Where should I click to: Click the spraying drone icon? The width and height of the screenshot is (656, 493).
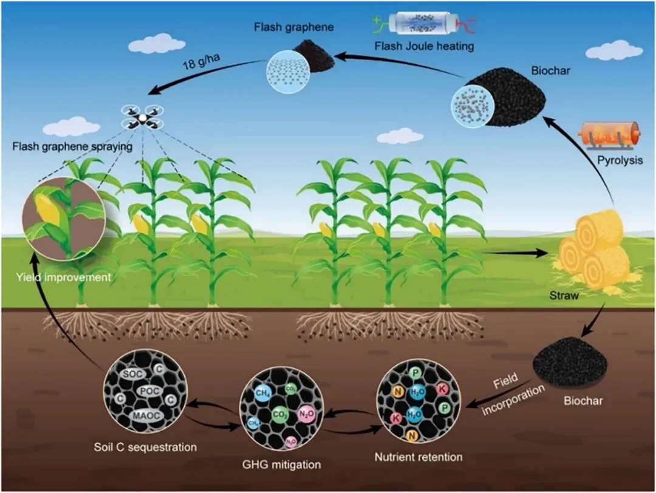pyautogui.click(x=143, y=117)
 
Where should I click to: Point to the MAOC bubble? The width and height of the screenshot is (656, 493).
pyautogui.click(x=143, y=418)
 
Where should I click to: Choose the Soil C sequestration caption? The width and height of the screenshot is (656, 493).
pyautogui.click(x=146, y=447)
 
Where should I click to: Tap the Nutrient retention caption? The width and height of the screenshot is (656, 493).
pyautogui.click(x=419, y=457)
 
